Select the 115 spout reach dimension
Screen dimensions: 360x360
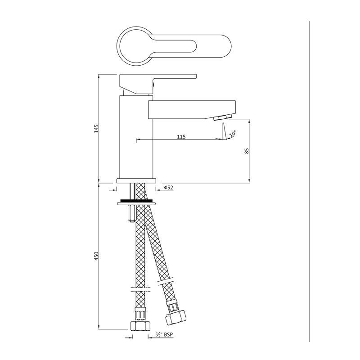181,136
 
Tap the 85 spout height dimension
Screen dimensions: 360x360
247,151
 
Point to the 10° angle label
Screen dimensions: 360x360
233,134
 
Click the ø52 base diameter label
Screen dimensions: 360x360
169,188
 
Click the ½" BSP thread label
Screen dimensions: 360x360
164,334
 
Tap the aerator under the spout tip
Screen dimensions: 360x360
222,118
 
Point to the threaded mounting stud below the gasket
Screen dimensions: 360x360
131,212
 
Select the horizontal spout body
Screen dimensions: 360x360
191,109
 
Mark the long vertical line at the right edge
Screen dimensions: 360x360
310,180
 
